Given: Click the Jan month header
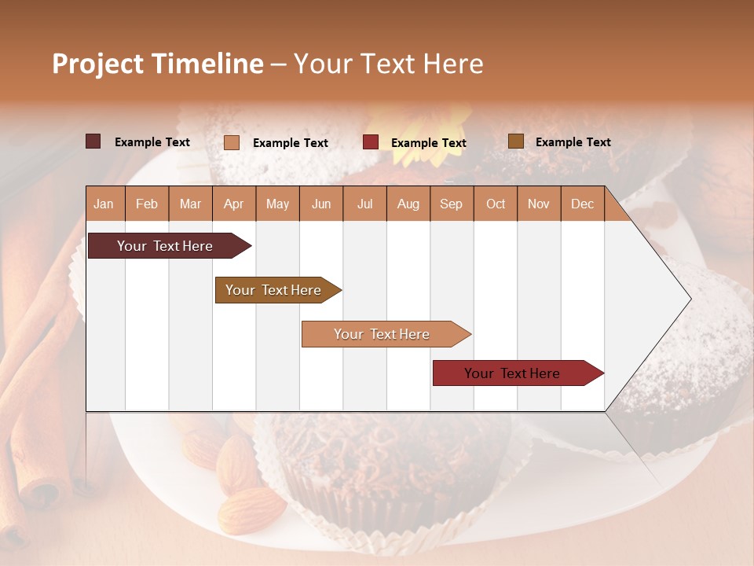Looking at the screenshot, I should coord(104,204).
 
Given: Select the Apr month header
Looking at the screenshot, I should coord(233,204).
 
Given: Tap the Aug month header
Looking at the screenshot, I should coord(408,204).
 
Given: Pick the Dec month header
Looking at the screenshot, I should coord(582,204).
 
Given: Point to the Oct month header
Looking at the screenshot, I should coord(495,204).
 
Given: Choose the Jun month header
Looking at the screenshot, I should coord(320,204).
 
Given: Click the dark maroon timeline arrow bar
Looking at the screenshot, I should coord(165,246).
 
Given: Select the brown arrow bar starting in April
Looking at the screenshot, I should coord(273,290).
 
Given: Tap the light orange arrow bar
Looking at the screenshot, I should coord(382,334).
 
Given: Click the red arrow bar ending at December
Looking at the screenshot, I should coord(512,373).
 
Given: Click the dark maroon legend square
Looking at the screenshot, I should coord(93,141).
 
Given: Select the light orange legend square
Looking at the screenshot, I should coord(232,142).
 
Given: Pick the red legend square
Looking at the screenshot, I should coord(371,142).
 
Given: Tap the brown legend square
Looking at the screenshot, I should coord(516,141).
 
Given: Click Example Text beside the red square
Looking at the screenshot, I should coord(428,142).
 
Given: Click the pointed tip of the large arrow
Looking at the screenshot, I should coord(689,298).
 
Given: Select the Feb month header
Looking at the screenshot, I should coord(147,204).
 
